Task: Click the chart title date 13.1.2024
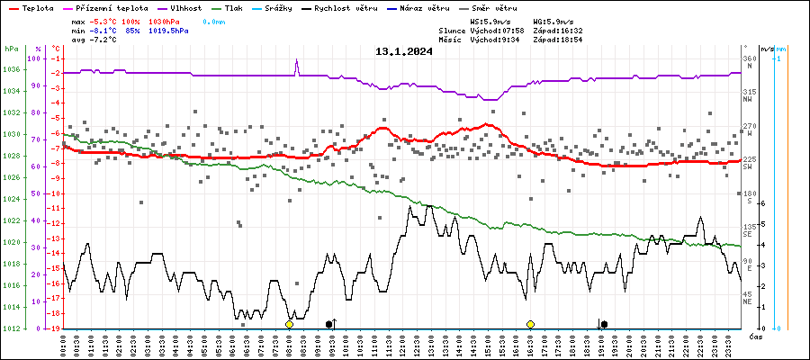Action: point(404,52)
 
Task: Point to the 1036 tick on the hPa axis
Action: point(11,69)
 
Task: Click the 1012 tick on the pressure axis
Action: point(11,328)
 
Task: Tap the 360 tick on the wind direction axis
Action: point(749,58)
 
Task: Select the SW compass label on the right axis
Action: point(749,167)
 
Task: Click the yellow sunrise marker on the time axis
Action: point(289,324)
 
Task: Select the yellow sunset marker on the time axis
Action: point(530,324)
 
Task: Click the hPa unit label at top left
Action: point(11,49)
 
